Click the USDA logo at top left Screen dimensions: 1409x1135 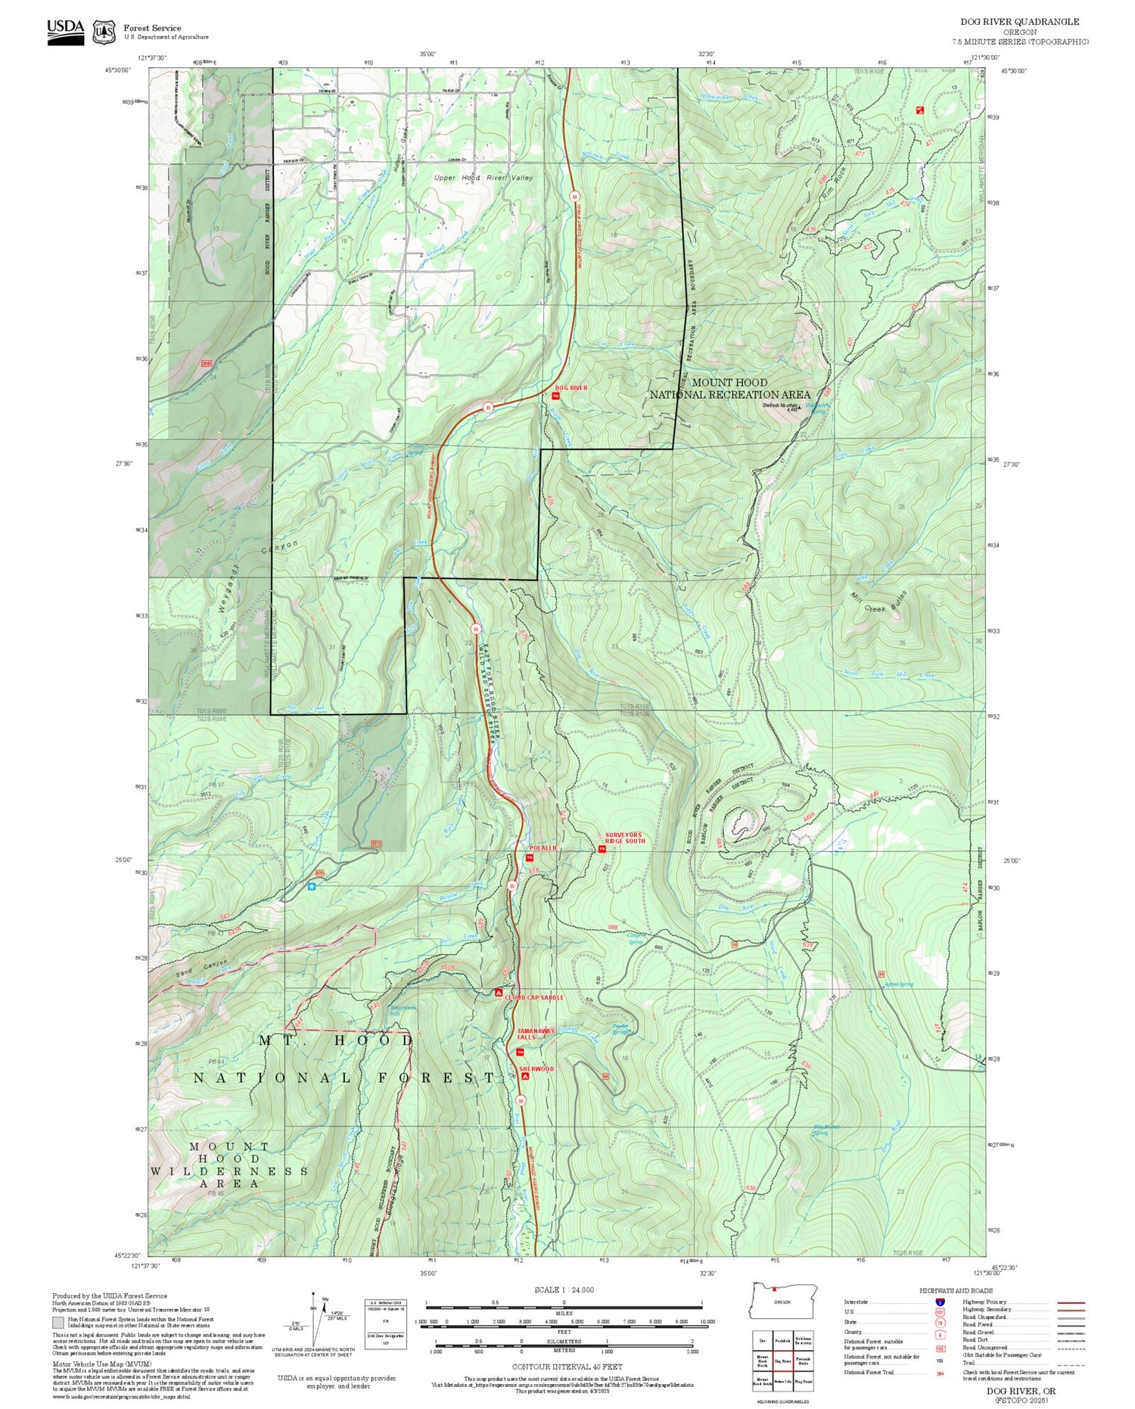65,32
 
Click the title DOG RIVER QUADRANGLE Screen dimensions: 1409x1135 1019,22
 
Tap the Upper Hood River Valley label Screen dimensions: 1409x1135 483,178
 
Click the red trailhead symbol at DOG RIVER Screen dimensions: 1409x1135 555,396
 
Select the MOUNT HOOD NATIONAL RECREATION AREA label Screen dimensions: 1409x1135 729,388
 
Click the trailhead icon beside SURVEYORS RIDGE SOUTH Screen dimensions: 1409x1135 602,848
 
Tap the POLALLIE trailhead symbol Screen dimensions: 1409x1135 529,857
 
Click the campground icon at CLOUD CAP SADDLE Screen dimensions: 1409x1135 498,992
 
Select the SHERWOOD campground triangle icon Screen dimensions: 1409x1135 525,1075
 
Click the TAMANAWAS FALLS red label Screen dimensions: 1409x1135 536,1034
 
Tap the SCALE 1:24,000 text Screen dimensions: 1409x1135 564,1289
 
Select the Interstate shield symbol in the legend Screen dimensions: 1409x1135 941,1302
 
